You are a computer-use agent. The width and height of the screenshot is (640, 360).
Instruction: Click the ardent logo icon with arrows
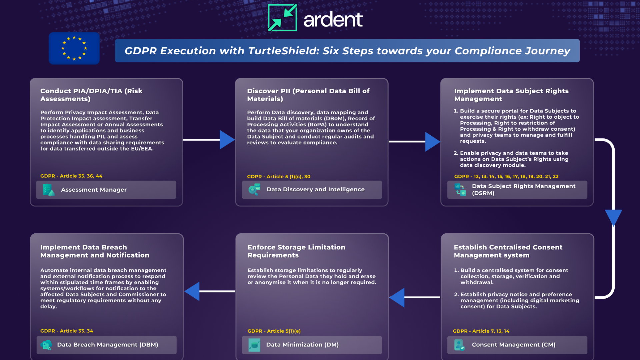pos(282,18)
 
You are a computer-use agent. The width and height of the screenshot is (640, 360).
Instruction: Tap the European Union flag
pos(74,48)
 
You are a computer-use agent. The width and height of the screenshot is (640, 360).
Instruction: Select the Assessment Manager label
pos(94,190)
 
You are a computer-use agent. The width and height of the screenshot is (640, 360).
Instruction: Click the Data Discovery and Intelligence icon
pos(254,189)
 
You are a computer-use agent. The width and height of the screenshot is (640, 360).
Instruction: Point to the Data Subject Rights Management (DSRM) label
pos(523,189)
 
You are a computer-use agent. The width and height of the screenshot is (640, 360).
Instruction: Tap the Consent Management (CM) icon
pos(459,345)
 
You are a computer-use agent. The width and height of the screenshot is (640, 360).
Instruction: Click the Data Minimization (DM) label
pos(302,345)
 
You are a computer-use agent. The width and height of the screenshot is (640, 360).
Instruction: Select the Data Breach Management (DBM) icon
pos(46,345)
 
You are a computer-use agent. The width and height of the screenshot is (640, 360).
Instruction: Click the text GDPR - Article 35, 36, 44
pos(71,176)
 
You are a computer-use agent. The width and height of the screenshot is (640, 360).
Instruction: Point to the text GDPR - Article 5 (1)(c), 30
pos(278,177)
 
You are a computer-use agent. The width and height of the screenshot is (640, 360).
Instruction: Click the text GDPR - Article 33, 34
pos(67,331)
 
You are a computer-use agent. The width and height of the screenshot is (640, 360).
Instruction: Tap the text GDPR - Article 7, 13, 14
pos(481,331)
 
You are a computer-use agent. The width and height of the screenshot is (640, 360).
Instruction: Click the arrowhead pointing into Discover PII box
pos(227,140)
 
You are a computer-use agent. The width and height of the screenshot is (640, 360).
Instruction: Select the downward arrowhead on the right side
pos(613,217)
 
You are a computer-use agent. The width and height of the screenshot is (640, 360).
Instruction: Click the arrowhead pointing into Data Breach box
pos(193,291)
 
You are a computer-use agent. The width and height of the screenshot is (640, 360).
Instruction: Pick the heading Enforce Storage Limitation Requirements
pos(296,251)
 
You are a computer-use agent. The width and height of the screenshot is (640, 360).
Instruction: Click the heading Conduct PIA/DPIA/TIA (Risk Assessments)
pos(91,95)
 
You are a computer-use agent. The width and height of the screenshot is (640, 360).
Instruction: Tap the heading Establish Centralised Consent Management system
pos(508,251)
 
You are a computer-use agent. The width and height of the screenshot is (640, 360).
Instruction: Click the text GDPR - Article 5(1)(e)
pos(274,331)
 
